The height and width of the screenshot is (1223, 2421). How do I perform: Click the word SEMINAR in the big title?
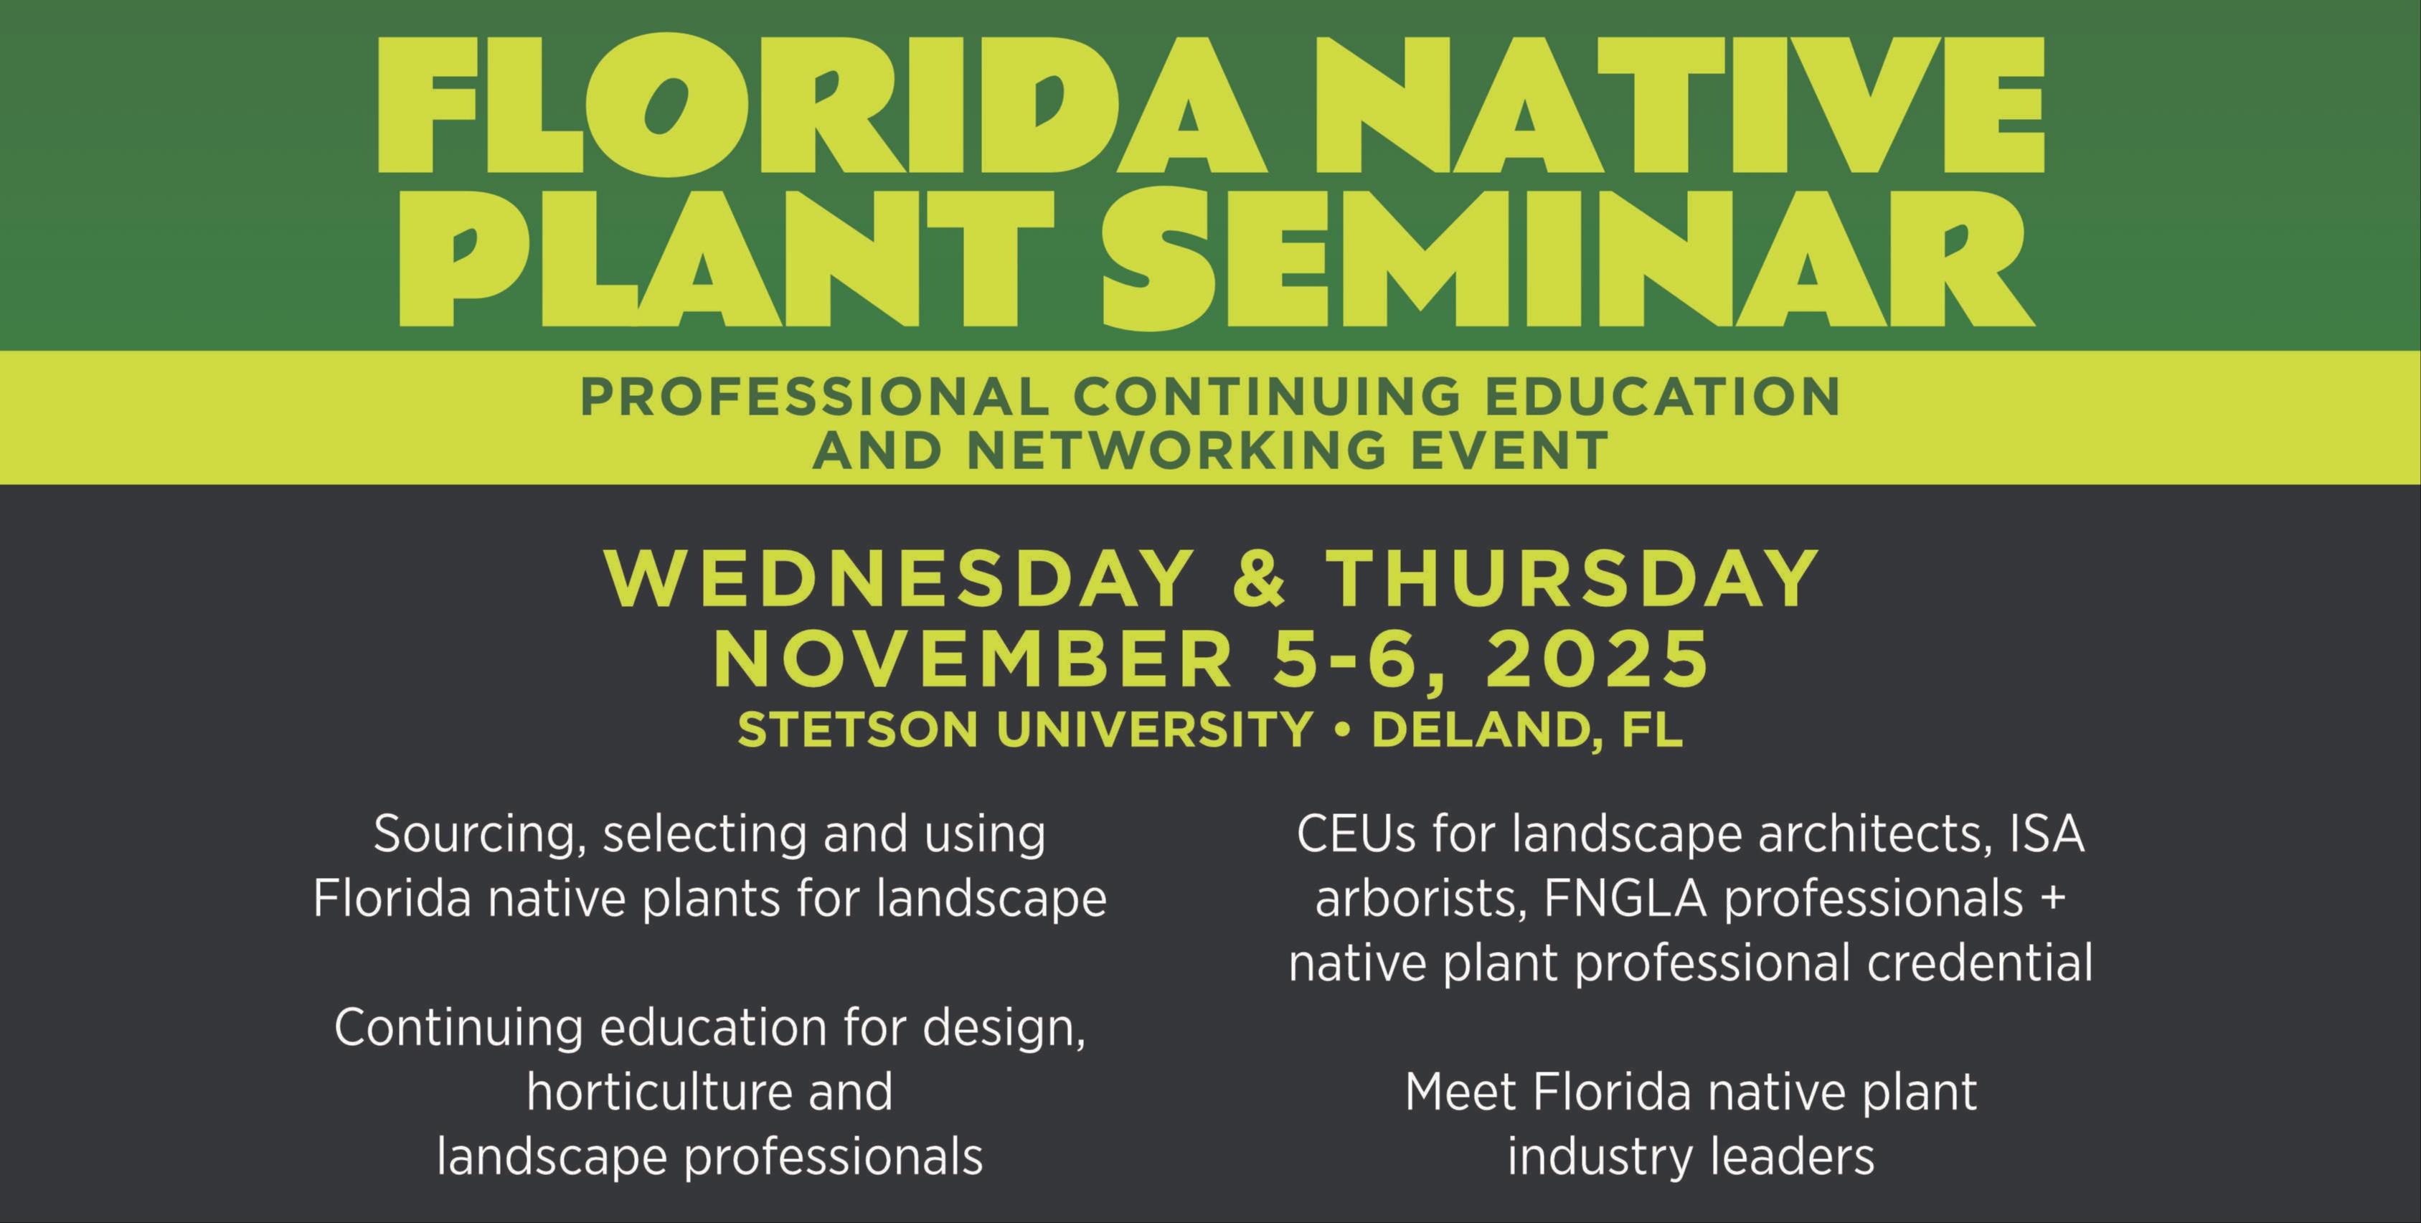1567,255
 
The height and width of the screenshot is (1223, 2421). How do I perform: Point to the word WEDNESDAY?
900,579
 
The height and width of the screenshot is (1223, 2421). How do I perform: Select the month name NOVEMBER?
973,660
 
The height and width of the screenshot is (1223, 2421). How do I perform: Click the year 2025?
1598,660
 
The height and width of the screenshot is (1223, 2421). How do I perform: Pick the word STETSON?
858,730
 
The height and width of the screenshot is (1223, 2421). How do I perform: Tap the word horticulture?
653,1092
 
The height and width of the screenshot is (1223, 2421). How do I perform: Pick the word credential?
1981,963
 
